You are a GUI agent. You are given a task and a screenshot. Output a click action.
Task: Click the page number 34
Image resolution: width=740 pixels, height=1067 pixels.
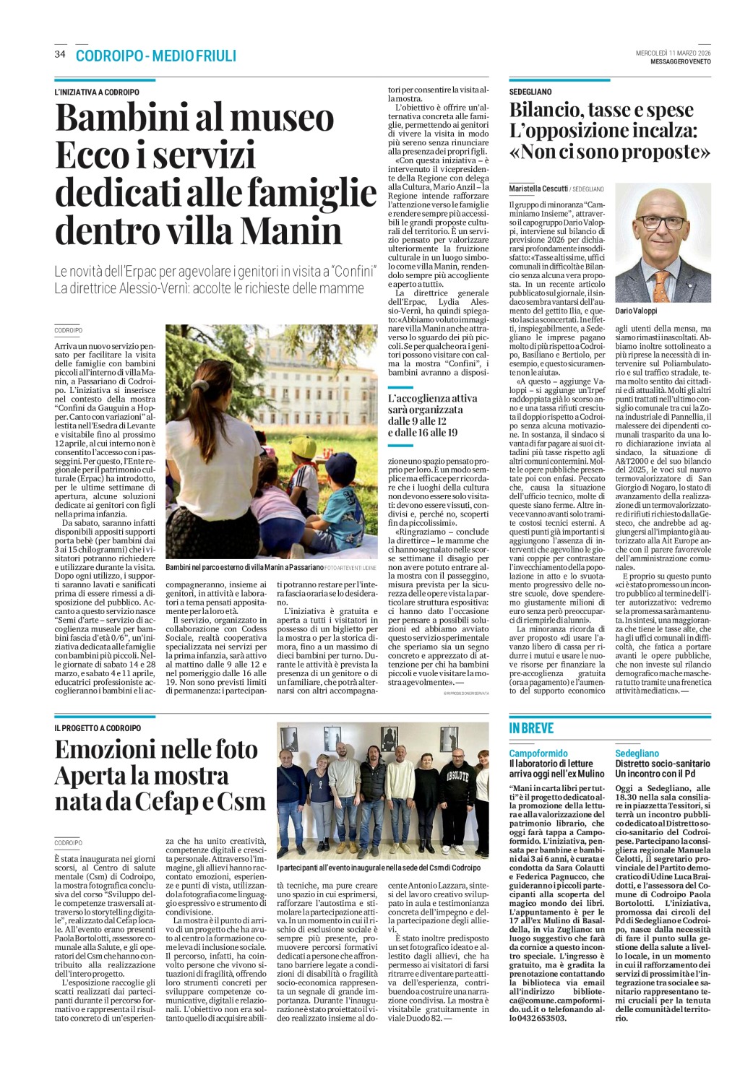(60, 55)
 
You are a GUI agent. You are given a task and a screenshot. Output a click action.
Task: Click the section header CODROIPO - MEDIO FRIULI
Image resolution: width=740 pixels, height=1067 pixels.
(155, 56)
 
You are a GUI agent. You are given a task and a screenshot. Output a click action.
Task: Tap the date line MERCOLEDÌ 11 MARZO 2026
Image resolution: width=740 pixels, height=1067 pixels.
(673, 53)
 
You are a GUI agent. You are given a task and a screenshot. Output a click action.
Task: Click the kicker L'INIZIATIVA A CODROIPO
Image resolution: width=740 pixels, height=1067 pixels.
(97, 92)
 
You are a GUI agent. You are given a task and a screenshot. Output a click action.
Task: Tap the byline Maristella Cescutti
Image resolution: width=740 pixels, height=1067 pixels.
(538, 188)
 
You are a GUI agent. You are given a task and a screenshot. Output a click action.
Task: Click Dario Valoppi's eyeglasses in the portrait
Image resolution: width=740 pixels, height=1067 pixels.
(660, 222)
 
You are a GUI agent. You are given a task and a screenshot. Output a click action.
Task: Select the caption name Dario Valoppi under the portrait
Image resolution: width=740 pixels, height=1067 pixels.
(637, 311)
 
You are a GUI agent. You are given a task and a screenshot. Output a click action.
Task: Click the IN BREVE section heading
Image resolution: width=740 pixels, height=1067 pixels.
(531, 728)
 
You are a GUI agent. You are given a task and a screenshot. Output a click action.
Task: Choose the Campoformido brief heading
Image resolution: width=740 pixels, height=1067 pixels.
(538, 753)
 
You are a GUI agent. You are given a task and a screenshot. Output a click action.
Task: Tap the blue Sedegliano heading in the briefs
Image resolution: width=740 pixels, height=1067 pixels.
(637, 753)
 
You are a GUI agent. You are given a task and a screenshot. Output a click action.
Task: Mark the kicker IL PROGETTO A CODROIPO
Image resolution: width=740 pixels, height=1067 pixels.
(98, 728)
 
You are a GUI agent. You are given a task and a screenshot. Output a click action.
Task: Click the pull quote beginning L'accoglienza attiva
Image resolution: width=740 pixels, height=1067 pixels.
(423, 415)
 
